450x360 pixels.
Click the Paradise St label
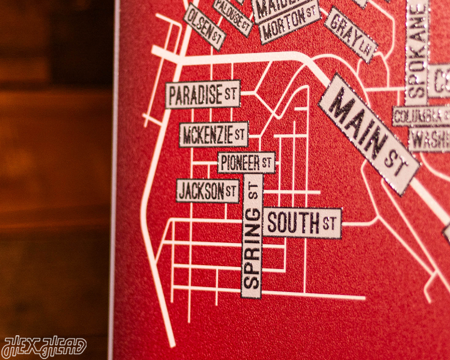[202, 94]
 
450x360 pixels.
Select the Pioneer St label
[247, 163]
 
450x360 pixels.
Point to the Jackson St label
[208, 191]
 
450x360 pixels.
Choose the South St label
[302, 223]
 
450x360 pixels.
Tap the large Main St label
[369, 134]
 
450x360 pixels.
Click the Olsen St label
[204, 27]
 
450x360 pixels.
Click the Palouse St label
[232, 17]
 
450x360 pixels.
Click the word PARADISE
[195, 95]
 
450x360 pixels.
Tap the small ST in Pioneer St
[267, 163]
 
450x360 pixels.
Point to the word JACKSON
[201, 191]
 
